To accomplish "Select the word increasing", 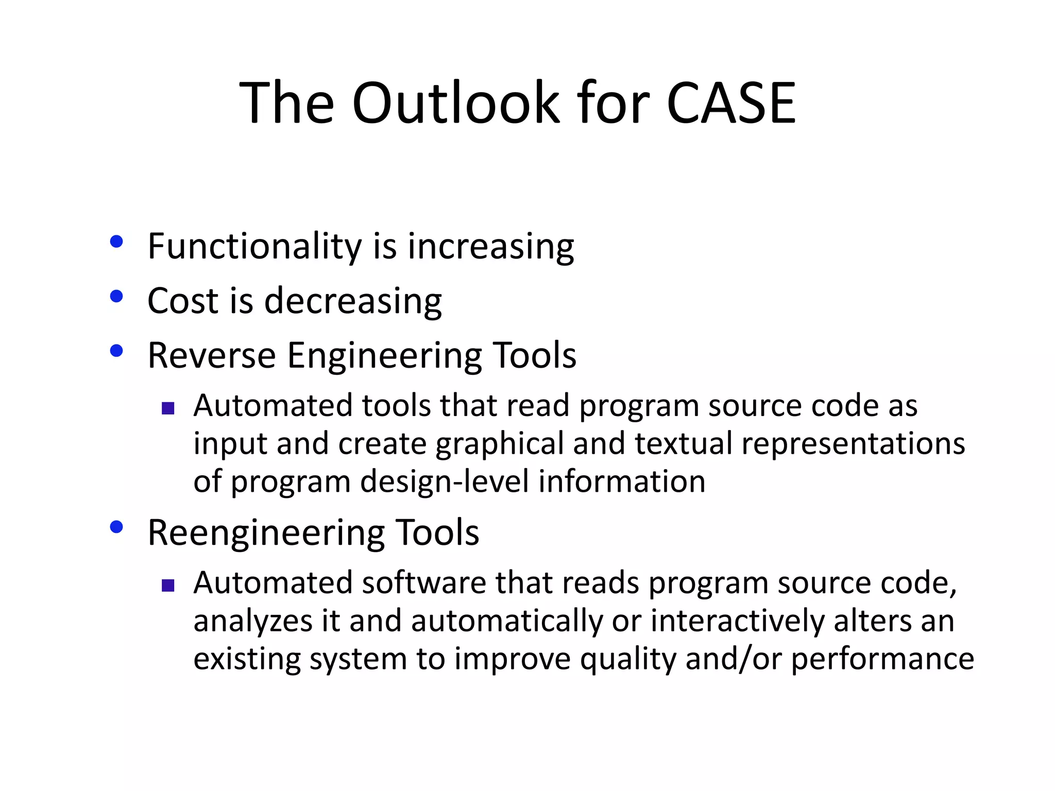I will coord(490,247).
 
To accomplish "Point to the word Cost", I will coord(183,301).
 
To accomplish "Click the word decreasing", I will coord(353,302).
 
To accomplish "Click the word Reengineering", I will coord(266,533).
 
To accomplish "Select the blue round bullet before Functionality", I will coord(117,242).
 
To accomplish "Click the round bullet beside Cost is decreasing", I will coord(117,296).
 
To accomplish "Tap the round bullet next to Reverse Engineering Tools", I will coord(117,351).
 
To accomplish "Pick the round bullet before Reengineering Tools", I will coord(117,527).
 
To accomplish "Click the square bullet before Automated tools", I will coord(168,409).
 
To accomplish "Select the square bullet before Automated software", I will coord(168,586).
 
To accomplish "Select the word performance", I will coord(882,659).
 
